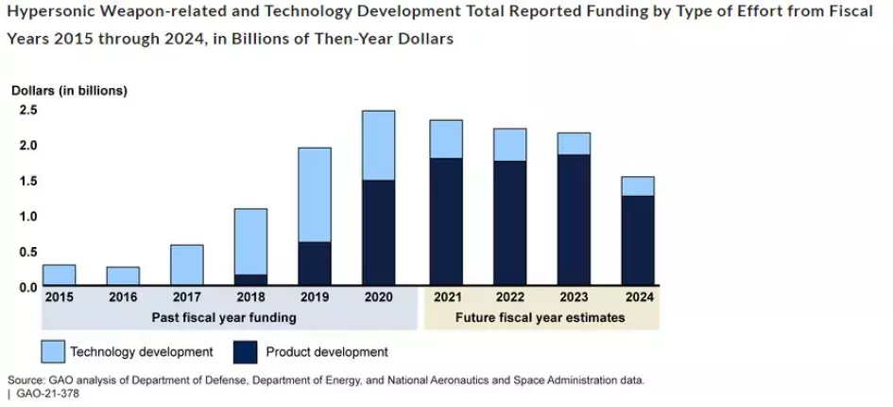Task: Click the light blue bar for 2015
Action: point(60,274)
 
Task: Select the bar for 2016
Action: point(123,275)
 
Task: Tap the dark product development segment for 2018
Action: point(250,280)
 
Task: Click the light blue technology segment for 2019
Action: point(315,194)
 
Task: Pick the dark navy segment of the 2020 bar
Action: point(379,233)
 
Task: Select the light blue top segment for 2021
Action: point(446,139)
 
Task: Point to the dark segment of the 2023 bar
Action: point(574,220)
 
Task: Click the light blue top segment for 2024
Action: point(638,186)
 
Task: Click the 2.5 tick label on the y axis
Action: point(28,111)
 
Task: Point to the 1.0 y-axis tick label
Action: point(28,216)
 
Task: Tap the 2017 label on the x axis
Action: point(186,297)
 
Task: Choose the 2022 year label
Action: point(509,297)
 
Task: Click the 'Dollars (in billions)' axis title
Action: point(69,91)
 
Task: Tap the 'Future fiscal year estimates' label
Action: point(540,317)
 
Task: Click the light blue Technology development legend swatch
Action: point(54,351)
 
